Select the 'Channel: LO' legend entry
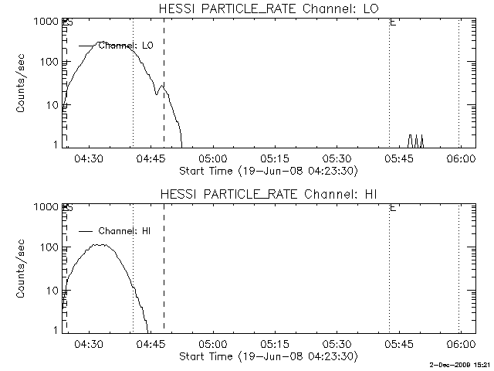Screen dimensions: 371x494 click(127, 46)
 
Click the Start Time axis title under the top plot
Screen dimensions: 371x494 click(266, 170)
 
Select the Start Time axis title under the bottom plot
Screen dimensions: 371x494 click(266, 356)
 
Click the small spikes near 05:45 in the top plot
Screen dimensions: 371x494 click(416, 140)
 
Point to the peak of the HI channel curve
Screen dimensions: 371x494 click(100, 245)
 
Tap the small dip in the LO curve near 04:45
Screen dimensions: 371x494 click(157, 94)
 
